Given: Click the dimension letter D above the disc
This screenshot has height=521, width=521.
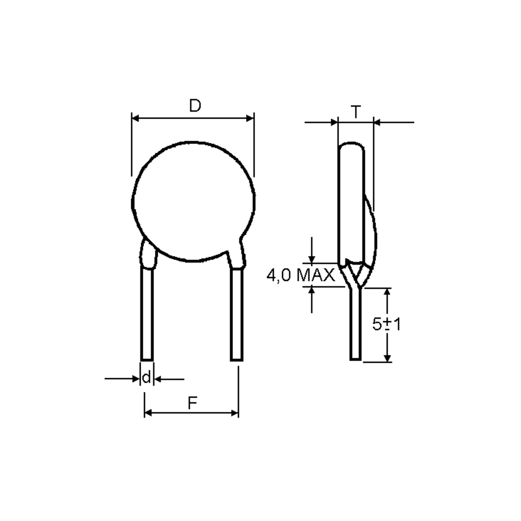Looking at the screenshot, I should point(195,106).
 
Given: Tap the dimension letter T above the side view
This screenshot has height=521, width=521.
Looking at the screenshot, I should point(356,112).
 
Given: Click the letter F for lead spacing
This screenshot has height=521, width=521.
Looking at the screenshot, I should point(192,403).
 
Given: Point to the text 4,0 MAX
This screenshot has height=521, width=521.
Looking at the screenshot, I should point(301,275).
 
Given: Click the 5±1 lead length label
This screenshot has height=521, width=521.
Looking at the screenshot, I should point(386,324).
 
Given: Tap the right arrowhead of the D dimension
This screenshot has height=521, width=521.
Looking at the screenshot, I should point(250,118).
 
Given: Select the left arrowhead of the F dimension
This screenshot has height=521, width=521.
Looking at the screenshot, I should point(148,413).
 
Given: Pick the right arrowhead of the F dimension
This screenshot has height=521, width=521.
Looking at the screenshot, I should point(235,413).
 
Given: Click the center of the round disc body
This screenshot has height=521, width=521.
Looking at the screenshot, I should point(193,201).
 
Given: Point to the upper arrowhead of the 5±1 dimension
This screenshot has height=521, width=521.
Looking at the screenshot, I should point(387,292).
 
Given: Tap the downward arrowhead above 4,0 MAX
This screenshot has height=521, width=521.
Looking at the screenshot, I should point(312,260).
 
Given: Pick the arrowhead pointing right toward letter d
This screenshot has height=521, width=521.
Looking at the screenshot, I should point(136,379).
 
